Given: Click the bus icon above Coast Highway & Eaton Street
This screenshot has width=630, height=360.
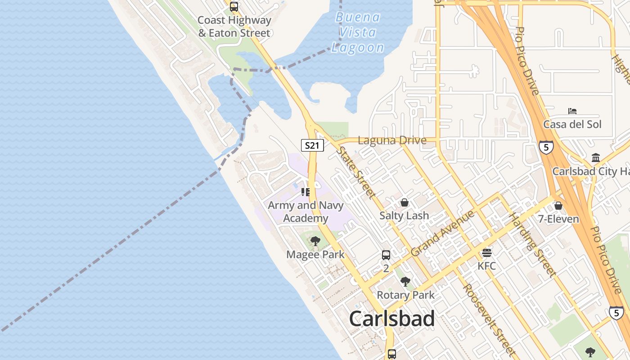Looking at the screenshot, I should (234, 7).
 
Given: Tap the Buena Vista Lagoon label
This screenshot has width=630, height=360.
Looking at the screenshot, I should (358, 32).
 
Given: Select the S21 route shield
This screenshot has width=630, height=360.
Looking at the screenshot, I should (312, 145).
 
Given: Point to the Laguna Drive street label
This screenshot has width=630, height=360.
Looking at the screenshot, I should (392, 140).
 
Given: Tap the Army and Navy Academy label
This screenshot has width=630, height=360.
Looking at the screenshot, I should (306, 212).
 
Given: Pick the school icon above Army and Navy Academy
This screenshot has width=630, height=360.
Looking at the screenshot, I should (306, 192).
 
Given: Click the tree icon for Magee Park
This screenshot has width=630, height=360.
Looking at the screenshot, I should (315, 241).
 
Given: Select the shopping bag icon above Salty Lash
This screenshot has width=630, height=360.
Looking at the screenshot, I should (405, 202).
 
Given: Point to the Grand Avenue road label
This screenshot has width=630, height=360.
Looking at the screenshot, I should (443, 233).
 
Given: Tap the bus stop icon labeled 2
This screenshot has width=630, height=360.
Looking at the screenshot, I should (386, 255).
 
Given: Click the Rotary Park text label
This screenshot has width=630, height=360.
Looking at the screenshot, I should (405, 295).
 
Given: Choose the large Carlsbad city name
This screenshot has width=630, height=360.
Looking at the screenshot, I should (391, 319).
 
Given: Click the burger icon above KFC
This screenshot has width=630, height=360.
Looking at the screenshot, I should (487, 253).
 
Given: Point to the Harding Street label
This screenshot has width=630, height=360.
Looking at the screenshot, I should (532, 245).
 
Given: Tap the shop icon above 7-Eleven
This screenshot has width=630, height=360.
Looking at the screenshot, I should (558, 206).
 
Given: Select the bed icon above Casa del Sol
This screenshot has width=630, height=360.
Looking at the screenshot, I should (572, 111).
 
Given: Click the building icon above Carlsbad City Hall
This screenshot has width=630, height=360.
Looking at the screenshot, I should (596, 158).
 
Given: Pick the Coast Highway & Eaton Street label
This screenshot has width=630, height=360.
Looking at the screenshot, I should (234, 27).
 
